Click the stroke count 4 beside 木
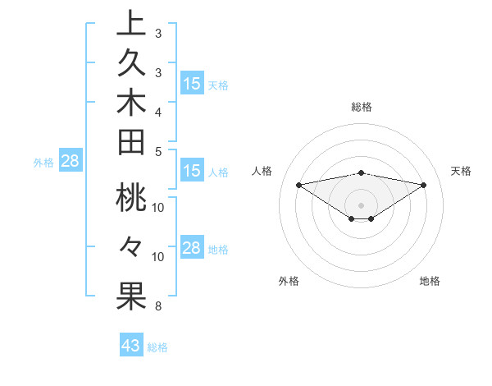(x=157, y=111)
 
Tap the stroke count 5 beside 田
(x=157, y=151)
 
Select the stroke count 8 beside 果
(x=157, y=306)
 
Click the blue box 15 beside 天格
(x=192, y=84)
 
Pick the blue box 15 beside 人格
(x=192, y=172)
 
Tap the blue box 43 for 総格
(x=131, y=346)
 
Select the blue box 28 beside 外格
(x=70, y=161)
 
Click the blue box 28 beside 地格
(x=192, y=249)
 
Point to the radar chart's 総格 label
(x=362, y=107)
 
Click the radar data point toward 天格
(x=424, y=185)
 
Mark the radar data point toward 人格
(x=299, y=184)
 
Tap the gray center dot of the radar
(x=362, y=204)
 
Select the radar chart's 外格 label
(x=289, y=281)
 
